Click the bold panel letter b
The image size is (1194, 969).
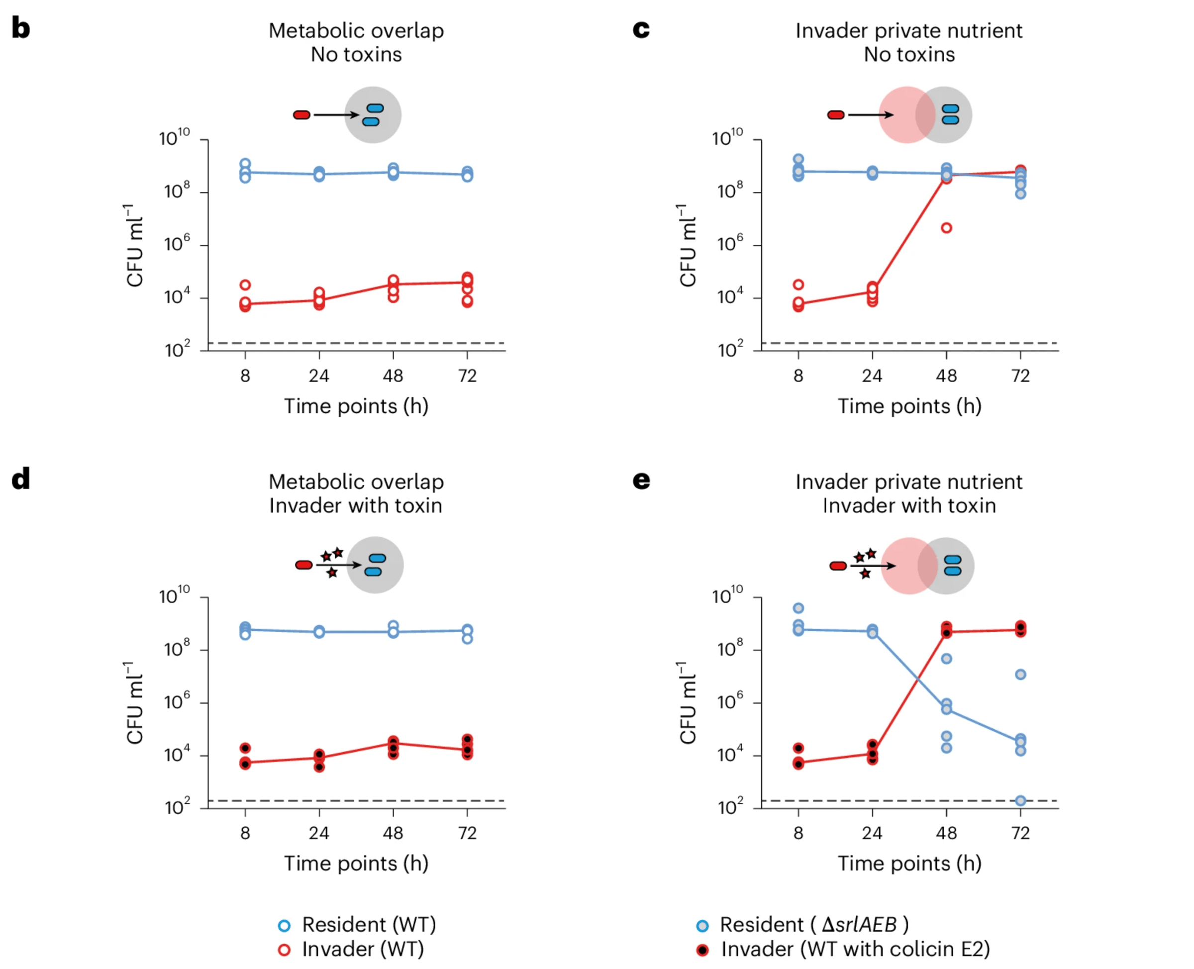[x=21, y=28]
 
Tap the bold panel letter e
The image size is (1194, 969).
[x=641, y=480]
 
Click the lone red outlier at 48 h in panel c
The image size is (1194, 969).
[x=946, y=228]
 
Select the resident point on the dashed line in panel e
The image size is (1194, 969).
[x=1020, y=800]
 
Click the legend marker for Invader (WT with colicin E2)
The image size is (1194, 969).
[x=702, y=950]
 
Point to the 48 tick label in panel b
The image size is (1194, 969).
[x=393, y=376]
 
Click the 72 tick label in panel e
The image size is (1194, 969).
[x=1020, y=833]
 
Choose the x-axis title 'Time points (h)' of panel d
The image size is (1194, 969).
[x=356, y=864]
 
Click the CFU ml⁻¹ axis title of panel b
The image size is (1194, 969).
[x=134, y=246]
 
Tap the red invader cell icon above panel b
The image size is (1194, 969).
[x=301, y=115]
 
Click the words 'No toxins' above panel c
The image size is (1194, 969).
[x=909, y=55]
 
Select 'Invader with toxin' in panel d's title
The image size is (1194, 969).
[x=356, y=506]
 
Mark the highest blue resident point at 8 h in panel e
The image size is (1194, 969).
[x=798, y=608]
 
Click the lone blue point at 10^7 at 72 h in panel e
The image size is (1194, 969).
[x=1020, y=675]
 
